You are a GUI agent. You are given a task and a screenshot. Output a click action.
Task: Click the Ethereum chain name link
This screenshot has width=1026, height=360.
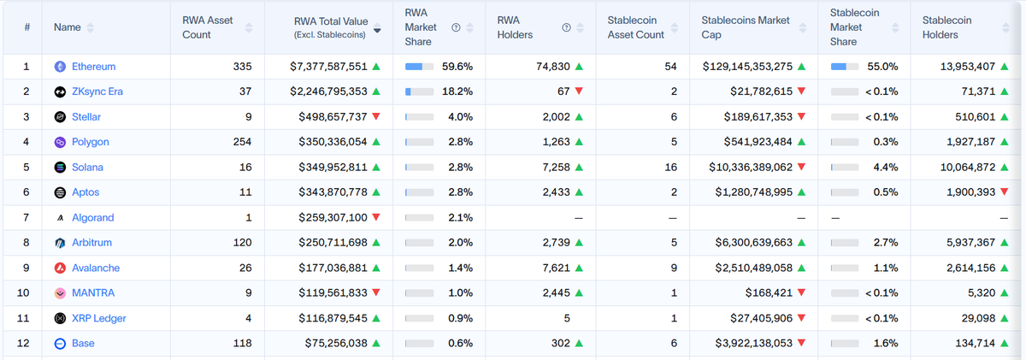point(93,67)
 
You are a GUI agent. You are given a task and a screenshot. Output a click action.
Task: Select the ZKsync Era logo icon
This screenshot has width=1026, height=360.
point(61,91)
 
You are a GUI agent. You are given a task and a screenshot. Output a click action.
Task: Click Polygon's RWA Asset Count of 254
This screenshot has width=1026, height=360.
point(236,142)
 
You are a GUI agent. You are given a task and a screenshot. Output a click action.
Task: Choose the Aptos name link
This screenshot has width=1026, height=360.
point(86,192)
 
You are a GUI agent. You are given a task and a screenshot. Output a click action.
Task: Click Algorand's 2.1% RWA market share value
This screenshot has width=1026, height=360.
point(460,217)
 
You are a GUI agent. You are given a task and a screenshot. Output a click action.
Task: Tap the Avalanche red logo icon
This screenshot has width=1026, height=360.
point(61,268)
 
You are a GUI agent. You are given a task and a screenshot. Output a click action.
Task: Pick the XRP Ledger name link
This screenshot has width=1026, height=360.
point(98,318)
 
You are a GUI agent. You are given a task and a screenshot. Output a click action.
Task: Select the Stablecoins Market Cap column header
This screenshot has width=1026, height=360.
point(746,27)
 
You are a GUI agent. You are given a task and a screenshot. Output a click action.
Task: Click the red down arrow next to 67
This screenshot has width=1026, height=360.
point(580,91)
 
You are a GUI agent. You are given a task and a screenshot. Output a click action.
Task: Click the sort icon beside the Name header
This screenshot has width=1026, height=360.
point(91,28)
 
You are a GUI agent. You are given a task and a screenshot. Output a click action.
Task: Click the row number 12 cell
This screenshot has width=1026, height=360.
point(27,343)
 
